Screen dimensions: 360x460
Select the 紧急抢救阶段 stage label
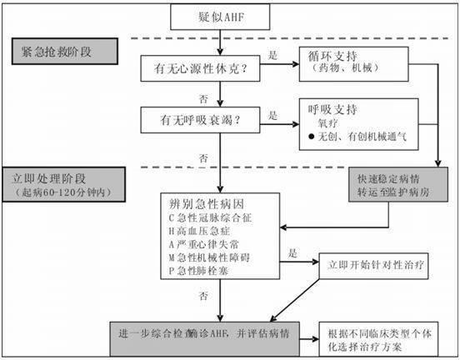(62, 51)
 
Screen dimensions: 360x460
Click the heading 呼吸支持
(334, 108)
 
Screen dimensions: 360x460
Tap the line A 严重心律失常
(210, 244)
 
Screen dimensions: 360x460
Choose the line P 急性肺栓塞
(209, 272)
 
